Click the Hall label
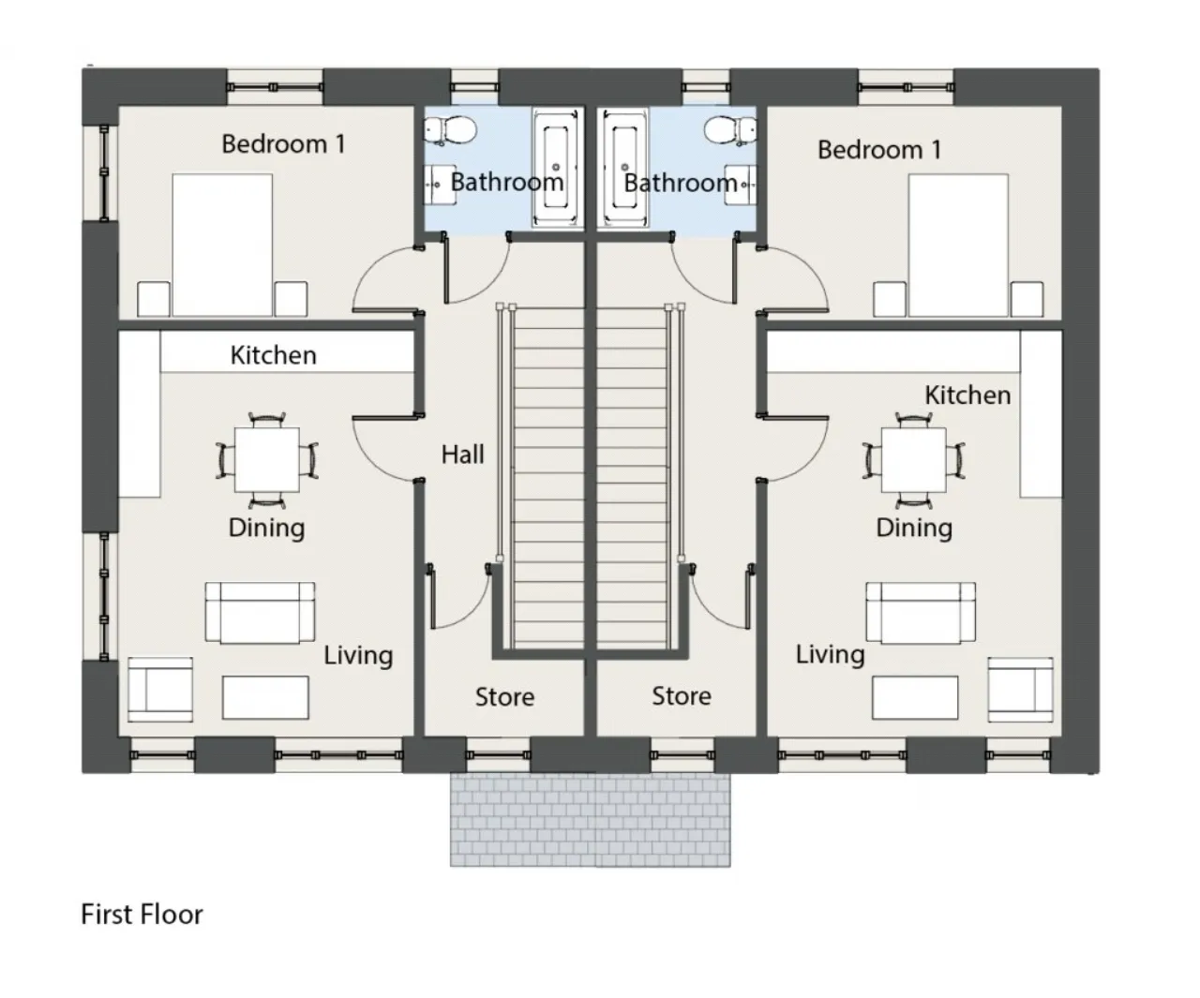[x=462, y=455]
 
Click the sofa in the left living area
[x=260, y=613]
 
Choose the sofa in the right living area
[x=920, y=613]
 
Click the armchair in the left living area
[x=160, y=690]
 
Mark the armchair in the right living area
[x=1020, y=690]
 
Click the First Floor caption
[x=142, y=915]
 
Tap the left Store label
[x=504, y=697]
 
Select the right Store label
[x=682, y=696]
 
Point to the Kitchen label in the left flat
[x=273, y=355]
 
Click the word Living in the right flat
[x=830, y=654]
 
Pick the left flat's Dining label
[x=266, y=528]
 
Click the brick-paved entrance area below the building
[x=591, y=820]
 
